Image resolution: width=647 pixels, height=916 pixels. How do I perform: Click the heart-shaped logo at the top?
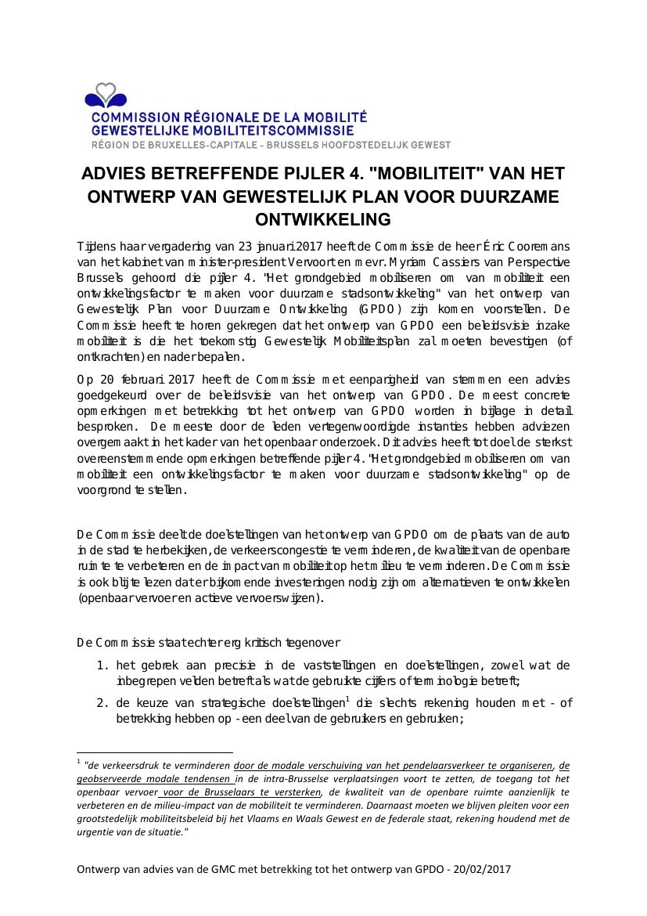pyautogui.click(x=106, y=96)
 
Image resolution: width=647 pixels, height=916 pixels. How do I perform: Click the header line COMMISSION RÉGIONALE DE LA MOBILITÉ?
pyautogui.click(x=229, y=117)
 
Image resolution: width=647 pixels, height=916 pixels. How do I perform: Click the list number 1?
pyautogui.click(x=102, y=665)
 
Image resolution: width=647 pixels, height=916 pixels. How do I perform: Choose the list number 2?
pyautogui.click(x=102, y=703)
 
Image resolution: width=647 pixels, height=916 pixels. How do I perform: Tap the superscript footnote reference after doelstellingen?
pyautogui.click(x=347, y=699)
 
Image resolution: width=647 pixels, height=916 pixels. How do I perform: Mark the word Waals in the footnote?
pyautogui.click(x=383, y=818)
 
